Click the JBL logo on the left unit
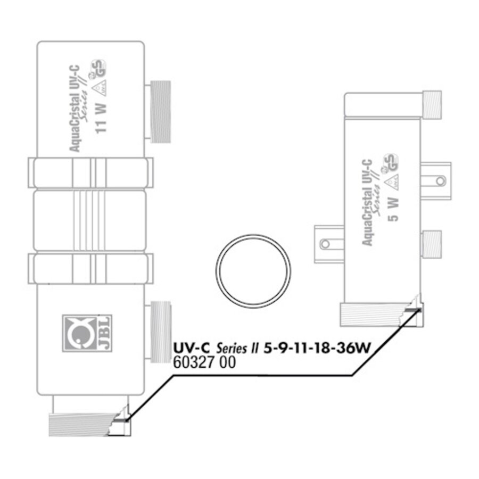[x=80, y=333]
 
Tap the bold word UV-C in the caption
[x=192, y=349]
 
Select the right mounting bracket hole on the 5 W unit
[x=440, y=181]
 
